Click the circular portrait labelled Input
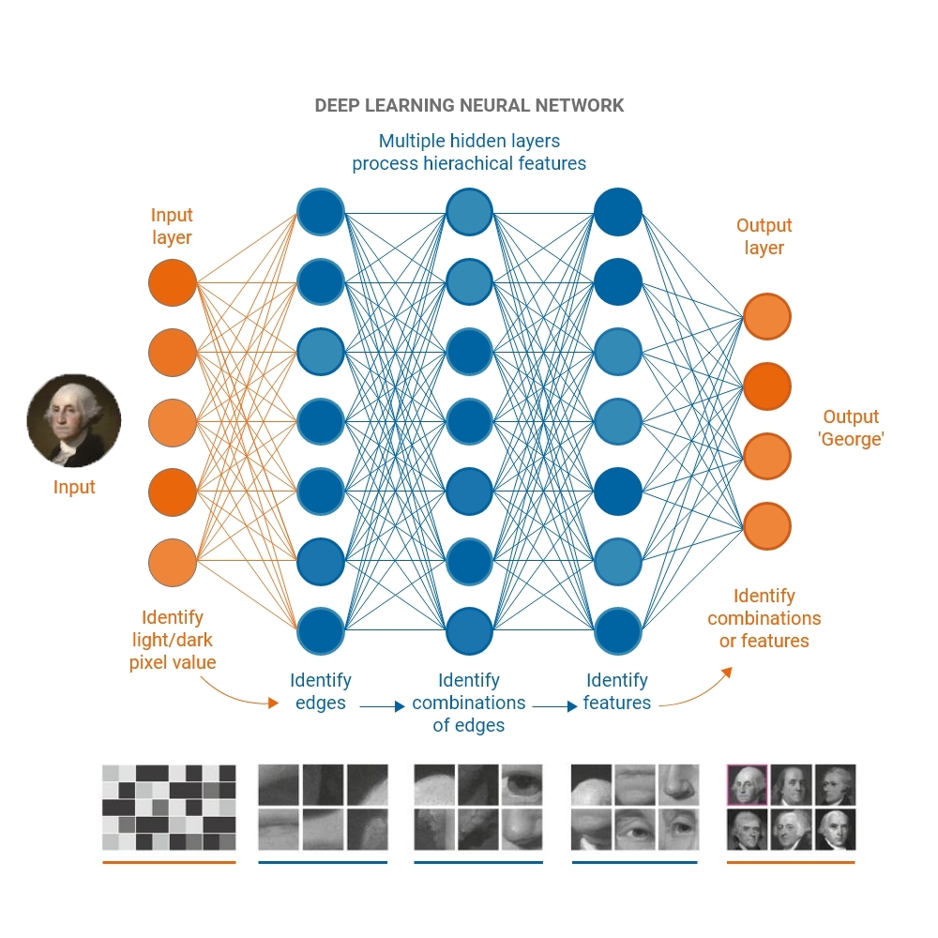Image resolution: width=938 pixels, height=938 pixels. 73,420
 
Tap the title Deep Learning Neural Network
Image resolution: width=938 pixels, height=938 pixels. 469,105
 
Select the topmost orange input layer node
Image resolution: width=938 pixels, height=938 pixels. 173,282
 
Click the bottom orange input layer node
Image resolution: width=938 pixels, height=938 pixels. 173,561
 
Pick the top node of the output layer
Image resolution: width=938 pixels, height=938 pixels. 767,316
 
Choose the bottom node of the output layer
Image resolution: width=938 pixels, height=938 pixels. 767,525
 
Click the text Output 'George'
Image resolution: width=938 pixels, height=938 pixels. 851,428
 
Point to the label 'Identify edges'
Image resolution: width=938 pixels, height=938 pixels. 321,691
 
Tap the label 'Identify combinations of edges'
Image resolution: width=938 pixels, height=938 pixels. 469,703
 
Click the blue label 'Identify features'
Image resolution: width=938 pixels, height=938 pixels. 617,691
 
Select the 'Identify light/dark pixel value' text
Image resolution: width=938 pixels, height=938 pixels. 173,640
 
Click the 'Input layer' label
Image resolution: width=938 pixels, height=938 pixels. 172,226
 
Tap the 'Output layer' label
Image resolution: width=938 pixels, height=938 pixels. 764,236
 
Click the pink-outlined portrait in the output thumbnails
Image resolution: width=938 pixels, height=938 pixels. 748,784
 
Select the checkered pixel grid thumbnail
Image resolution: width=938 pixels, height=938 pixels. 169,807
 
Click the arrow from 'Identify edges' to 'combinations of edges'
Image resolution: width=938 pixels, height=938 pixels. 382,706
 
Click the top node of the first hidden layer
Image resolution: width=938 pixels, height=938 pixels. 321,212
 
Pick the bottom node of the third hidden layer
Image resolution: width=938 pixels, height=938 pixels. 618,630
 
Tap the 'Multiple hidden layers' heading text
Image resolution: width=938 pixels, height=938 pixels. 469,142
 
